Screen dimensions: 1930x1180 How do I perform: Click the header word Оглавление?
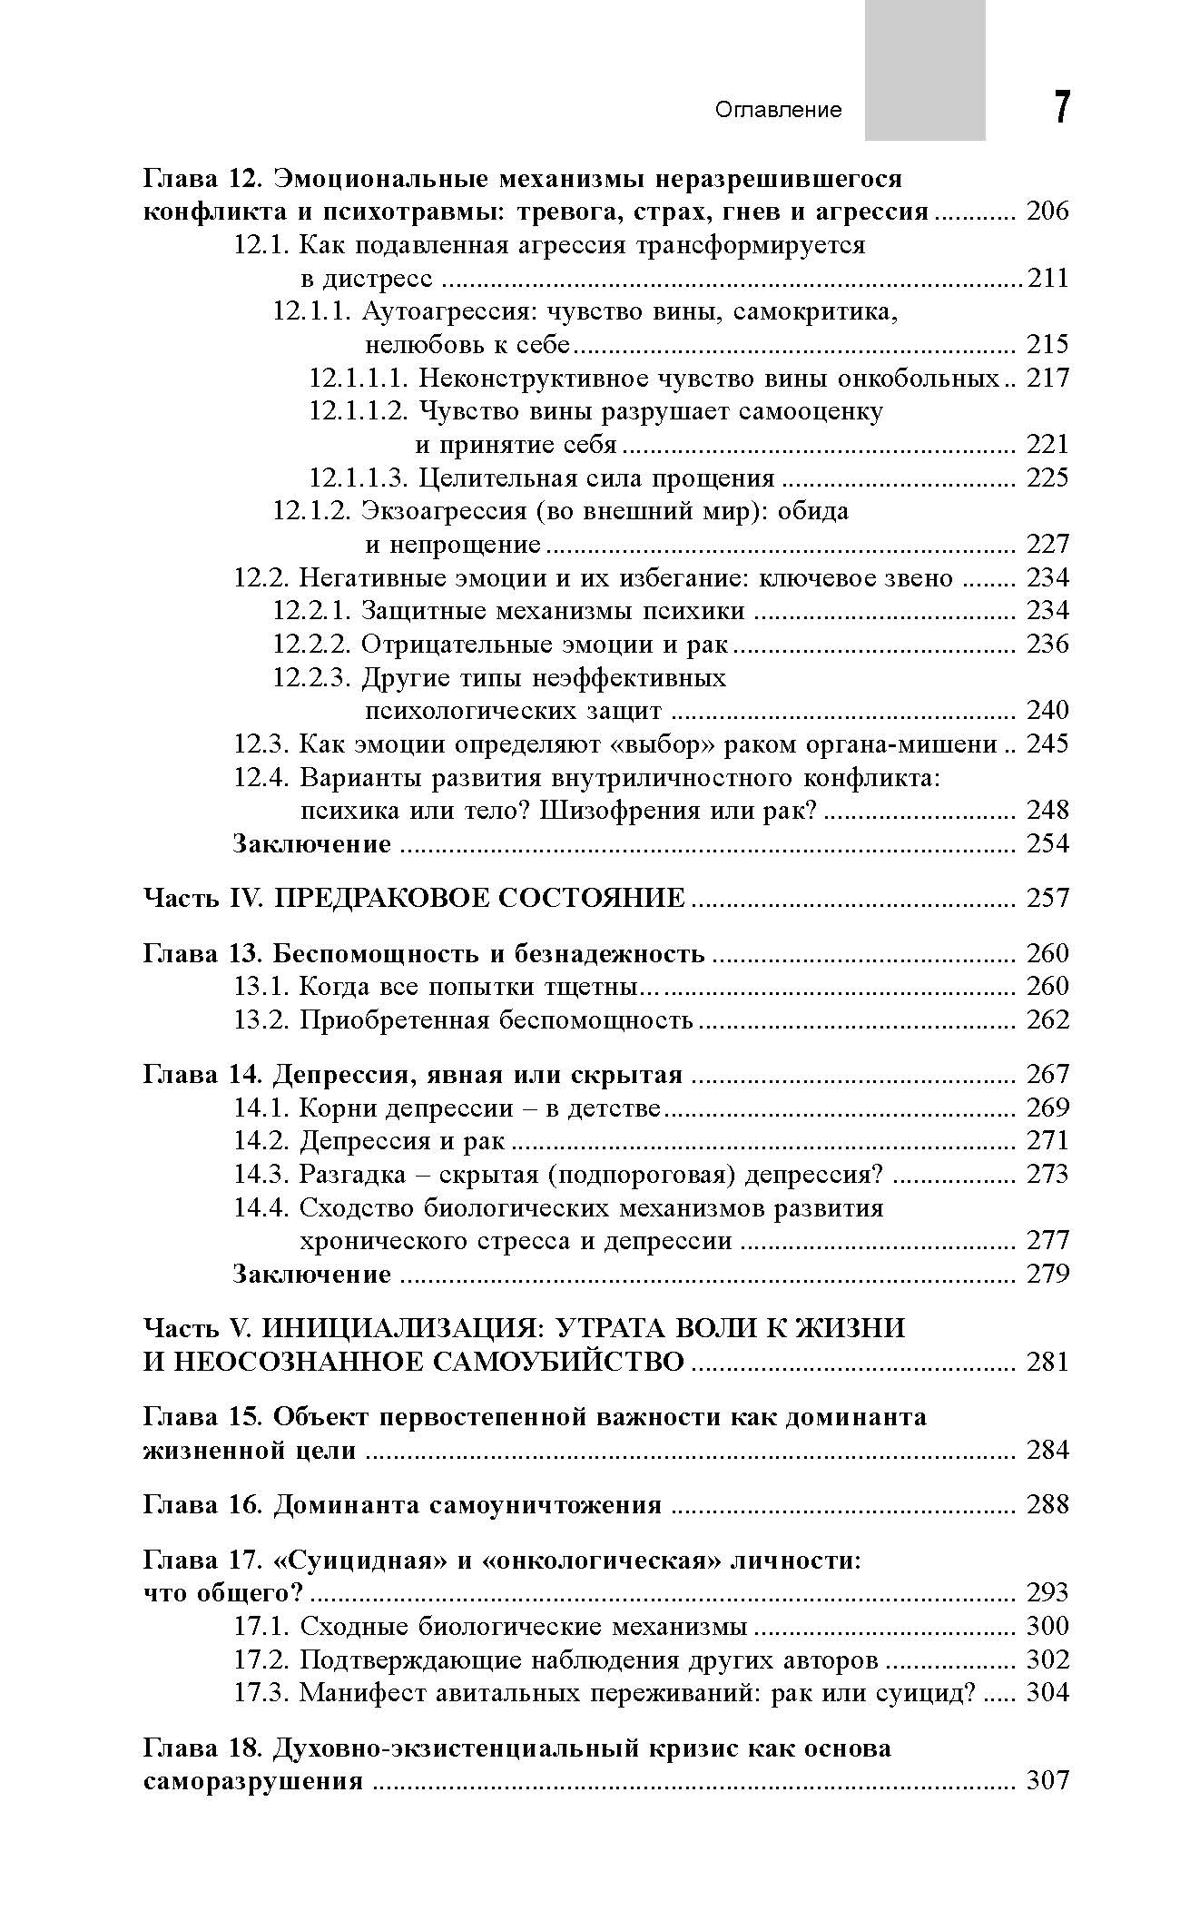(779, 110)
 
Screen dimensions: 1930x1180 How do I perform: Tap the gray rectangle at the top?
(924, 70)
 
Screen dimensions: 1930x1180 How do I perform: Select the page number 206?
(1047, 212)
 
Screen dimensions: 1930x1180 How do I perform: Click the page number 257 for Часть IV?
(1047, 898)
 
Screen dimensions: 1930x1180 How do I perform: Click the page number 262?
(1047, 1019)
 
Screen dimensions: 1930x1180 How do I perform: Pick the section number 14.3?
(261, 1174)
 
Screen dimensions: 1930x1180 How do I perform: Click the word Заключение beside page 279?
(312, 1274)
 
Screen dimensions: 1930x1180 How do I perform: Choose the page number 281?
(1047, 1362)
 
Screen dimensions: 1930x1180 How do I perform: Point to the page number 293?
(1047, 1592)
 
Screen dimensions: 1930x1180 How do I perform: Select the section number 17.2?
(261, 1659)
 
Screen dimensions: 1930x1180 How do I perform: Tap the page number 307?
(1047, 1781)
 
